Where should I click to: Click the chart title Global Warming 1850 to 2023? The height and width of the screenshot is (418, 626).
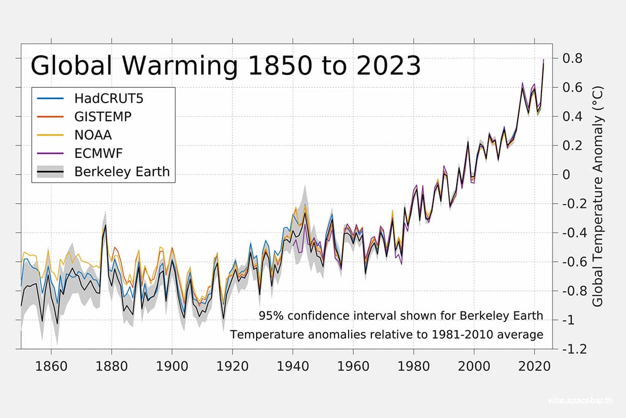(225, 67)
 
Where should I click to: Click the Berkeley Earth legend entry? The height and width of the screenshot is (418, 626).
(122, 172)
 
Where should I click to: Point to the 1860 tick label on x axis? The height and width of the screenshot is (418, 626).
(51, 365)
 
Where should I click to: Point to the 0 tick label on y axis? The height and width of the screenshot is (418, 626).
(570, 175)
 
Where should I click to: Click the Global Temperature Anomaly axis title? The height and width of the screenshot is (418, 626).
(598, 196)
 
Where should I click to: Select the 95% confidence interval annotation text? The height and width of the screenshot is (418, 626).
(401, 316)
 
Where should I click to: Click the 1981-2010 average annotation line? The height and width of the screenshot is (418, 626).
(387, 334)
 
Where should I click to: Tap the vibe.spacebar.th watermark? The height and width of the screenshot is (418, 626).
(581, 401)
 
